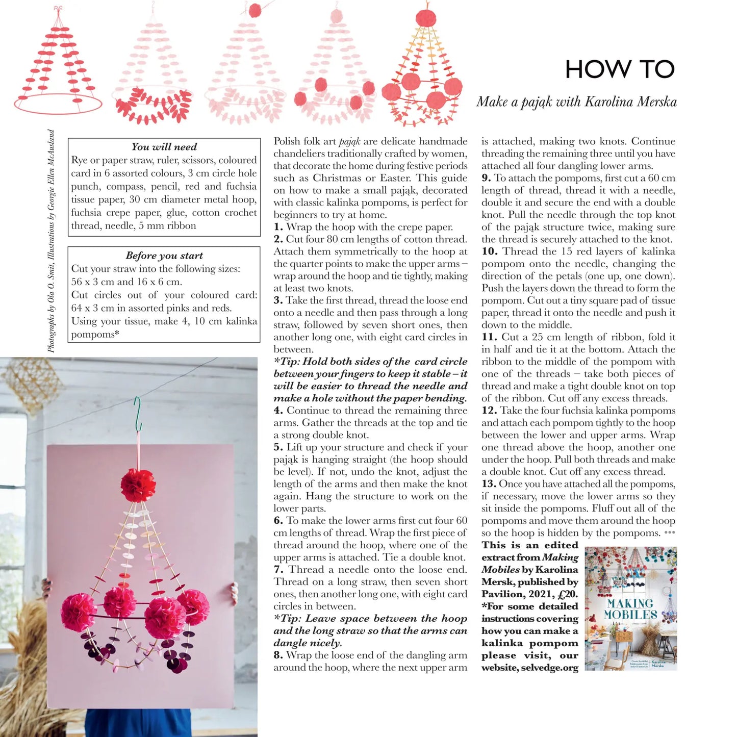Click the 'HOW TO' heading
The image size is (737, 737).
coord(620,69)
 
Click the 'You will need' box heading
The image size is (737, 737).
coord(164,147)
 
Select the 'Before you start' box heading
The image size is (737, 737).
coord(164,256)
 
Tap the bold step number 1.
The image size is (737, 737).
coord(278,227)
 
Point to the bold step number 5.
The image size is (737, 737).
coord(278,447)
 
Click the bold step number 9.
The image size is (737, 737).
coord(486,178)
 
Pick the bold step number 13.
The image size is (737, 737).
coord(489,484)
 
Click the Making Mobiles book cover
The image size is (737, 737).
coord(631,608)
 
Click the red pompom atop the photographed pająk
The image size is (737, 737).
coord(138,485)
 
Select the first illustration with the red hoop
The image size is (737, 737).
coord(57,64)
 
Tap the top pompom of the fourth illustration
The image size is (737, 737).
coord(336,16)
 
